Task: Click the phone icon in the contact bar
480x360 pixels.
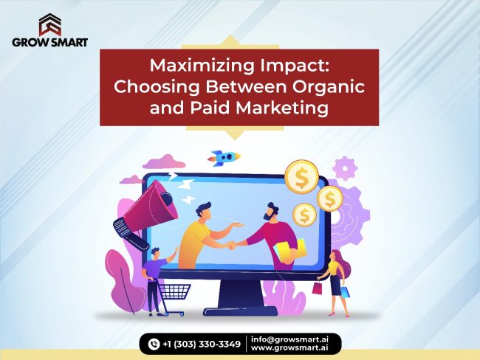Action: pos(154,343)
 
